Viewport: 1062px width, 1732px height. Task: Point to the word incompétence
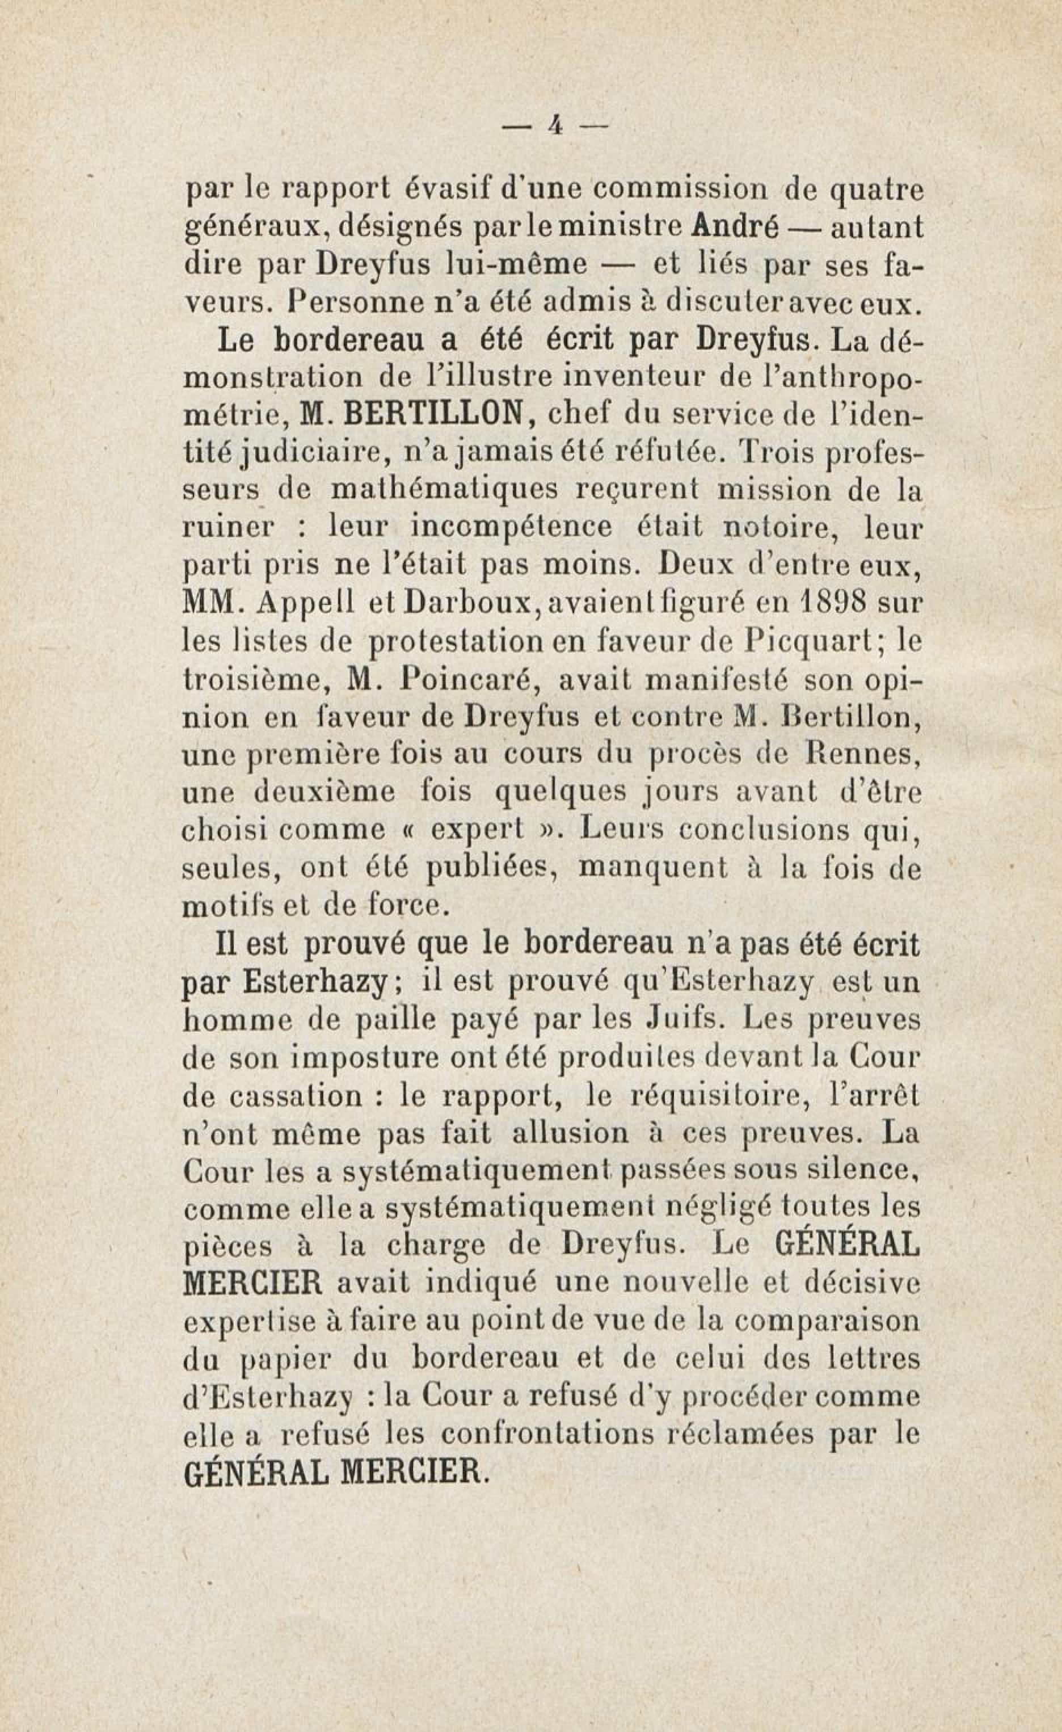tap(509, 527)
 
